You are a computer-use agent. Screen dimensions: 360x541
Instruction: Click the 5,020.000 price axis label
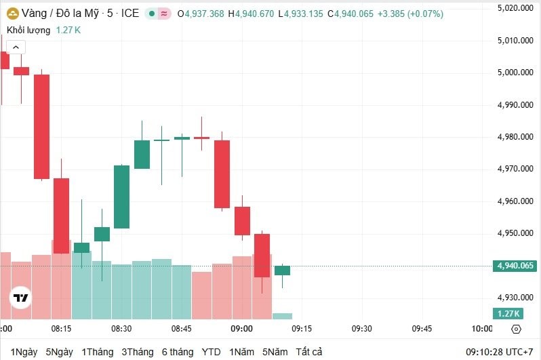coord(517,8)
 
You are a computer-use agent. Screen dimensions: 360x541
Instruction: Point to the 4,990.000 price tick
coord(517,105)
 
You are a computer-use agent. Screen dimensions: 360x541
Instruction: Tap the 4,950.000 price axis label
coord(517,233)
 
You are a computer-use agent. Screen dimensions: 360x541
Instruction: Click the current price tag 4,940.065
coord(516,266)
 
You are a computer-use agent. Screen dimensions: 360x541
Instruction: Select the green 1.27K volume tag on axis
coord(508,313)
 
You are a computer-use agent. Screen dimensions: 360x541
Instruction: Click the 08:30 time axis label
coord(121,329)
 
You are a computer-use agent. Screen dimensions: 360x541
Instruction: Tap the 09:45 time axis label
coord(422,329)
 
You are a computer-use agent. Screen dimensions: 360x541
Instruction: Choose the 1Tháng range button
coord(97,352)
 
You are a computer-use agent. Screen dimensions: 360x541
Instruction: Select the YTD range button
coord(211,352)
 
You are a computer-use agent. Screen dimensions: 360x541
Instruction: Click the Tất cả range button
coord(308,352)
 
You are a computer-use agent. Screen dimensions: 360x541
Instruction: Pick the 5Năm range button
coord(275,352)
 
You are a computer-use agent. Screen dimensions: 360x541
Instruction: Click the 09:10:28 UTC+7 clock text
coord(499,352)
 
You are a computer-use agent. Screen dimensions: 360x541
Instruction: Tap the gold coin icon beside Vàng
coord(12,14)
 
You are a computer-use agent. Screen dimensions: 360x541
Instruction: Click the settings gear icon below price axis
coord(516,329)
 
